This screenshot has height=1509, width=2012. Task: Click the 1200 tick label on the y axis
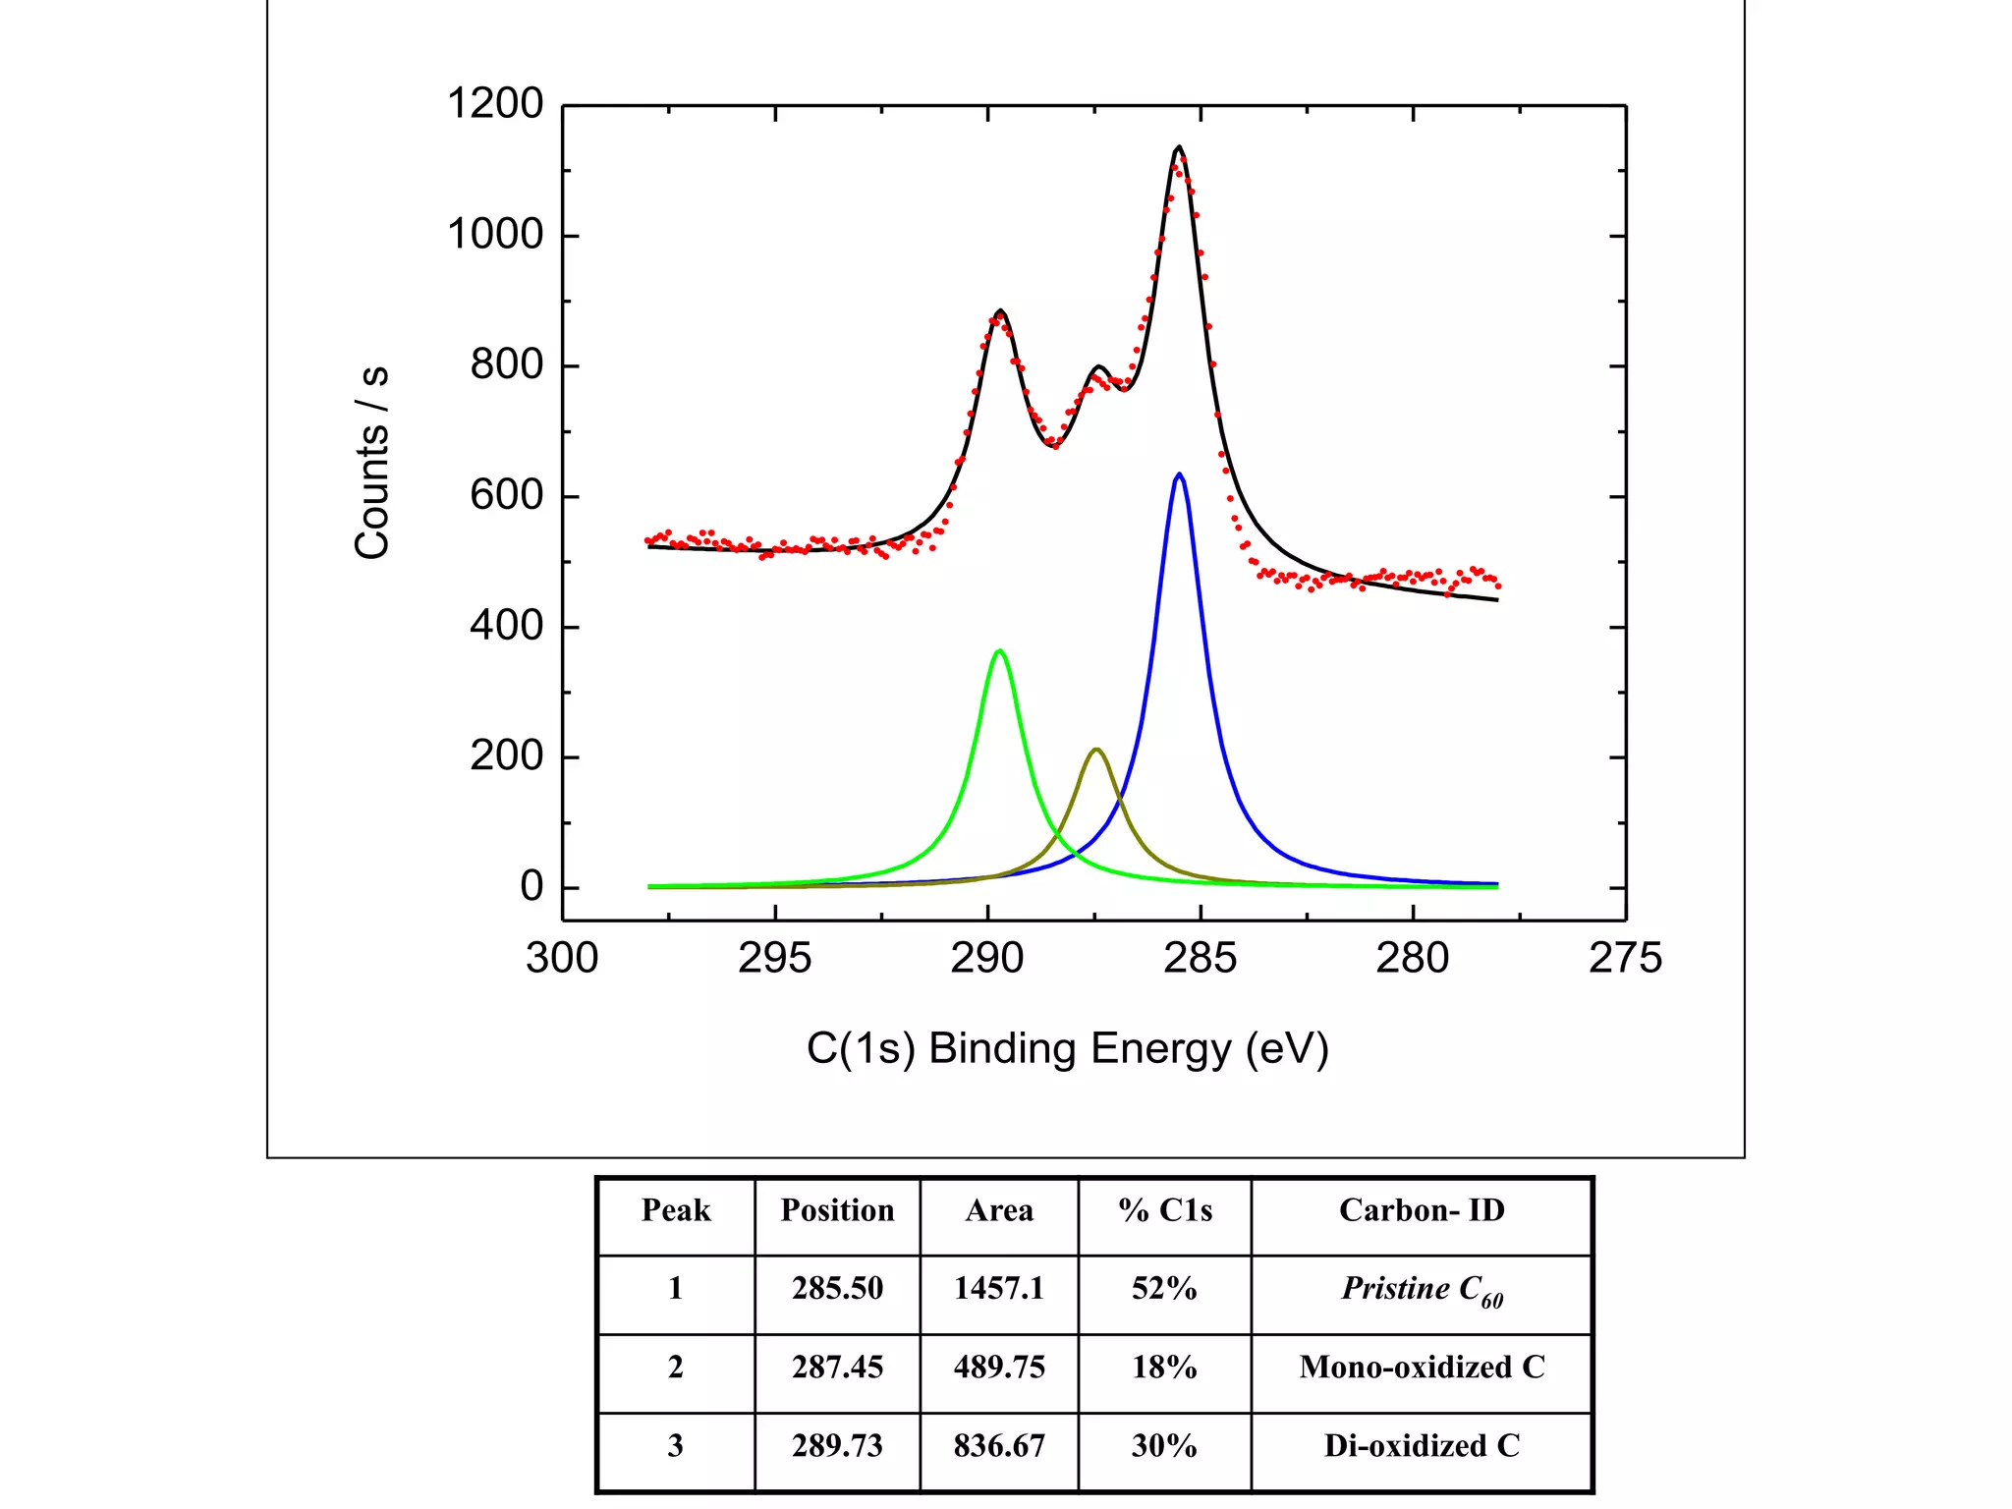(x=495, y=104)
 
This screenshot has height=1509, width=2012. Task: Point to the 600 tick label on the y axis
(x=506, y=495)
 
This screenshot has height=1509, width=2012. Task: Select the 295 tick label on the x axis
(x=774, y=959)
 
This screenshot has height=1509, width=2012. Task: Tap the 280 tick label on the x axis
(x=1413, y=959)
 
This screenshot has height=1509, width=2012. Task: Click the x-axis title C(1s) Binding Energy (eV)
(x=1067, y=1049)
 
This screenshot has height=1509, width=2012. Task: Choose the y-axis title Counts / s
(x=372, y=462)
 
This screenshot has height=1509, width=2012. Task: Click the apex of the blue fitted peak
(x=1179, y=475)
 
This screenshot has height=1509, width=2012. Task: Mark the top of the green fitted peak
(x=999, y=650)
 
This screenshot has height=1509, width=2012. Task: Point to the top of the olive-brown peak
(x=1096, y=750)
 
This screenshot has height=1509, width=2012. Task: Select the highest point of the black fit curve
(x=1179, y=147)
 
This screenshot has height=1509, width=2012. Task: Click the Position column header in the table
(x=837, y=1210)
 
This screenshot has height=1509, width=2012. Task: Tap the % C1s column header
(x=1165, y=1210)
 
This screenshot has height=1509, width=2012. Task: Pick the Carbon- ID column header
(x=1422, y=1210)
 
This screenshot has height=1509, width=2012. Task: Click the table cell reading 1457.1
(x=999, y=1289)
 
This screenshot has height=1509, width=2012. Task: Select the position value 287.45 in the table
(x=837, y=1368)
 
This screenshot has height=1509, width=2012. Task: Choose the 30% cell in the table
(x=1164, y=1446)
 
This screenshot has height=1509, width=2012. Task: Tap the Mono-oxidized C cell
(x=1422, y=1368)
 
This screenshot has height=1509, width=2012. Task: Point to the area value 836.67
(x=999, y=1446)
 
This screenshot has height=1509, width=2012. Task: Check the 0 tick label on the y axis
(x=531, y=886)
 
